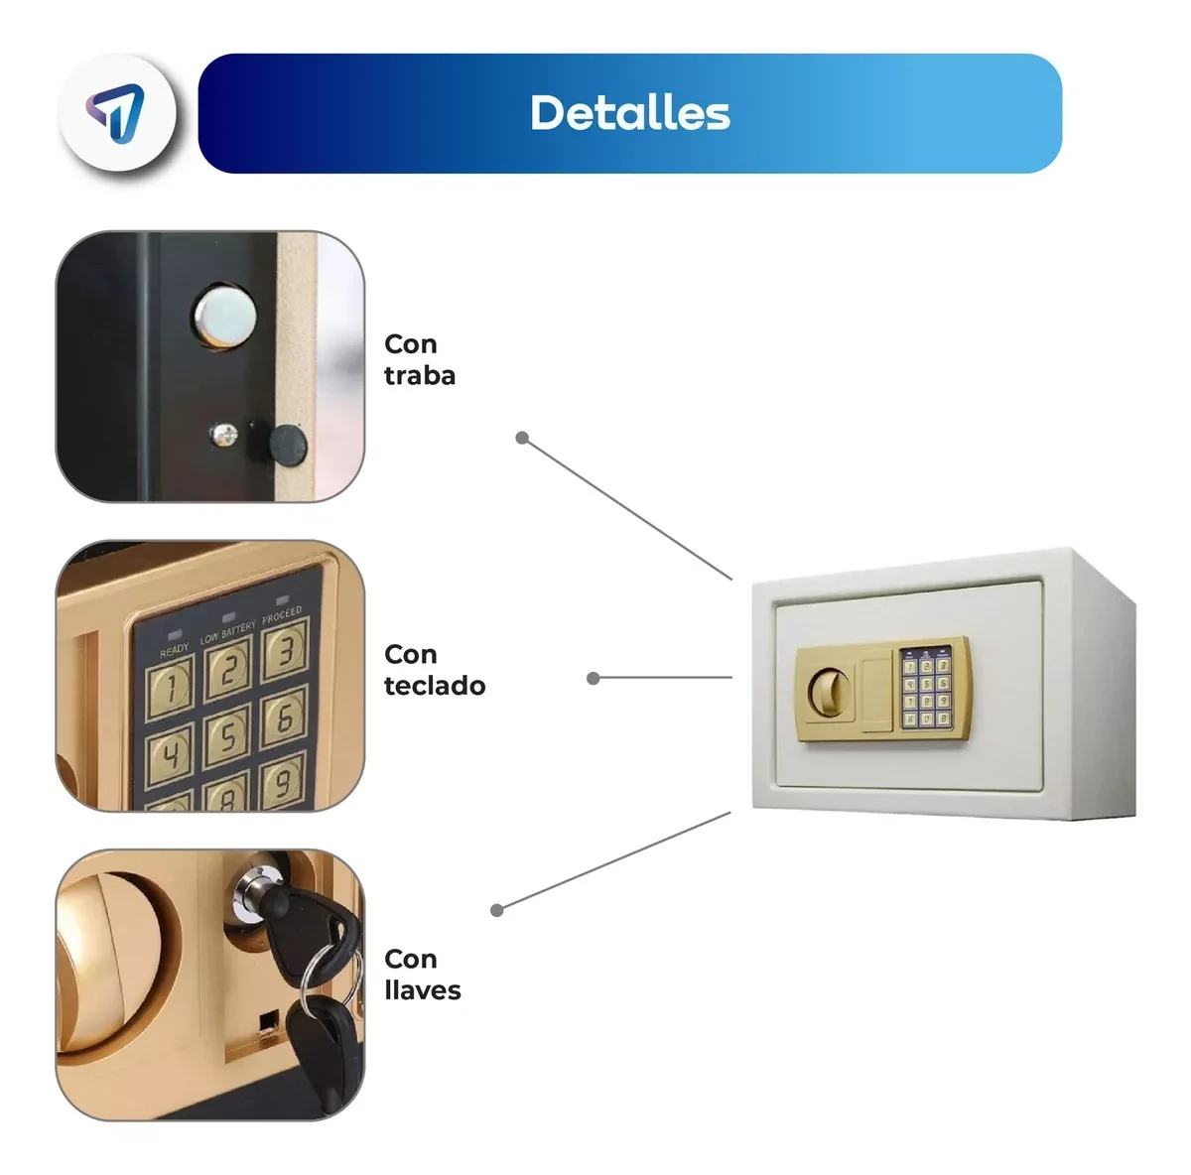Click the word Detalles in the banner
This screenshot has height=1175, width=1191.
630,113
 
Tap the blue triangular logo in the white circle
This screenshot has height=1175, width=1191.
115,112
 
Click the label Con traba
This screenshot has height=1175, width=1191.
420,359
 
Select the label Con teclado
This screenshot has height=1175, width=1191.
435,670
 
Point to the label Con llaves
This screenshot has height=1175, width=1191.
422,975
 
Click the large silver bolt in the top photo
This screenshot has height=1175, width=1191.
225,316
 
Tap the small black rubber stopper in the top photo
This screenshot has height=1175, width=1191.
288,445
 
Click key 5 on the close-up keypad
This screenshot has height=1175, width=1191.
227,737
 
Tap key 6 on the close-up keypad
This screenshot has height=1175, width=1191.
284,718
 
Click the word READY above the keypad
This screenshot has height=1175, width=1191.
175,650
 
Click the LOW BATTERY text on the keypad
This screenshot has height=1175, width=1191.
227,633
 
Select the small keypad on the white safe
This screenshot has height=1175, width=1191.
926,688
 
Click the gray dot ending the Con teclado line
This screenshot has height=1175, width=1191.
593,679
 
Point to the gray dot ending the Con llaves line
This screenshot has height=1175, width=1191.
497,910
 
